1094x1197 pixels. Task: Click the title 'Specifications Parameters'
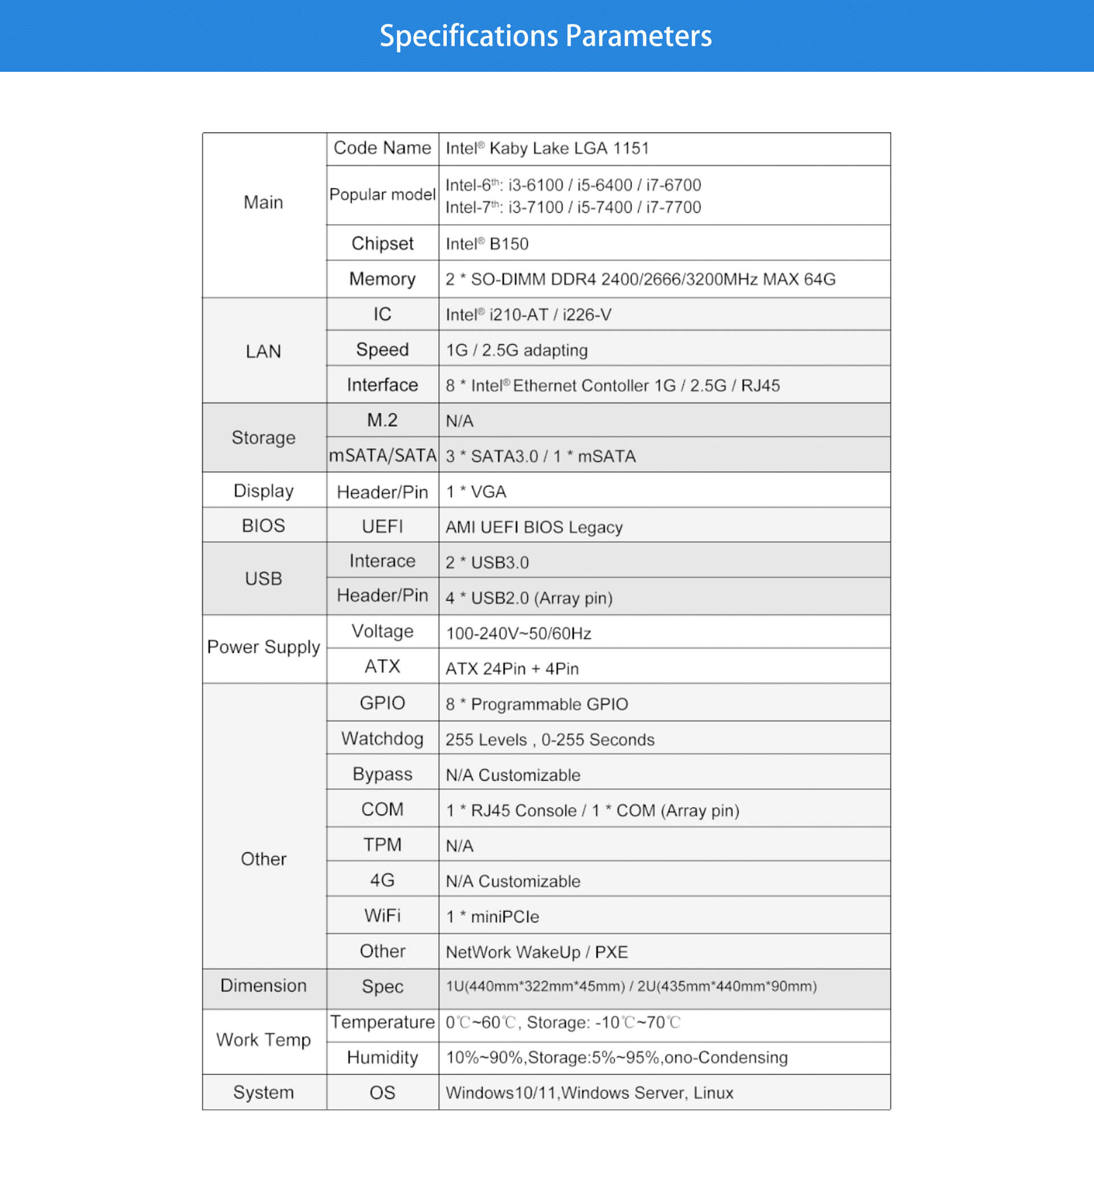click(x=545, y=35)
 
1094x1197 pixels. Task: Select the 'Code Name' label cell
click(x=382, y=148)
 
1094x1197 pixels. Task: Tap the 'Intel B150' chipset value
click(x=487, y=243)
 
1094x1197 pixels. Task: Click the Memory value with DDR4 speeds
click(x=640, y=279)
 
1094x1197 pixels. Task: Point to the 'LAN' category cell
click(x=264, y=351)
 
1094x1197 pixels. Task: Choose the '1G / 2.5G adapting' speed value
click(x=516, y=350)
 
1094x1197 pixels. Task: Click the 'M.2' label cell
click(x=382, y=421)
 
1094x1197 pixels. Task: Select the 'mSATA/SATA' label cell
click(x=382, y=455)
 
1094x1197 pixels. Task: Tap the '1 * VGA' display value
click(x=476, y=491)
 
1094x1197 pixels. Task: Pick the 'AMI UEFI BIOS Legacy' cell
click(x=534, y=527)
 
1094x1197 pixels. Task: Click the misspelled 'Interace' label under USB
click(x=382, y=561)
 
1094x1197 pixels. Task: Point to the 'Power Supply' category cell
click(x=264, y=646)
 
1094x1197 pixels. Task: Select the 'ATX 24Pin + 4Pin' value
click(x=512, y=669)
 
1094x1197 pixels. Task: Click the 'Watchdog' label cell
click(x=382, y=739)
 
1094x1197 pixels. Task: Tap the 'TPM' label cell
click(x=382, y=844)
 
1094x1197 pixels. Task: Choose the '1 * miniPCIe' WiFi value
click(x=492, y=916)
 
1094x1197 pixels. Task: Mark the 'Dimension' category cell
click(x=264, y=986)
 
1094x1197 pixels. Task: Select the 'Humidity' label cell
click(x=382, y=1057)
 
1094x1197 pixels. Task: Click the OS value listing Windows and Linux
click(x=589, y=1093)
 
